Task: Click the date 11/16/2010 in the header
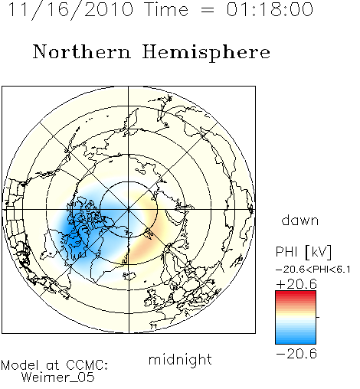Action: [70, 10]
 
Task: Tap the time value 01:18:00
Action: [270, 9]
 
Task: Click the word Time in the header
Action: [166, 9]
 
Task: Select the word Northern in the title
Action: [81, 51]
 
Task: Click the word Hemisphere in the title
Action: [206, 52]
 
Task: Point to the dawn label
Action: [299, 220]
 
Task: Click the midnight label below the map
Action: [180, 360]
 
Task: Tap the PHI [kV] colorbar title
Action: [303, 252]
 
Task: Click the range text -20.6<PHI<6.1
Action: [313, 270]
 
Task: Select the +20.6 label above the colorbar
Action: [296, 284]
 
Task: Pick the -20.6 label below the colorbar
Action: [296, 354]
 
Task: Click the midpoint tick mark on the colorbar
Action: [318, 317]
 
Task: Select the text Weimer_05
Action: [58, 377]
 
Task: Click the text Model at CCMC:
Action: [54, 365]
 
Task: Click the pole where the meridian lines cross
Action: [129, 210]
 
